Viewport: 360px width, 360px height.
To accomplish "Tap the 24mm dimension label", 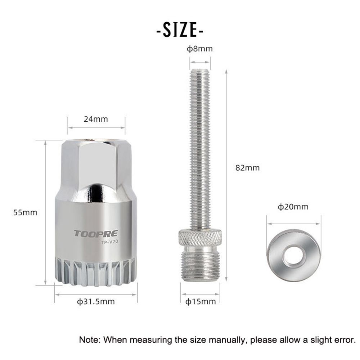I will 96,119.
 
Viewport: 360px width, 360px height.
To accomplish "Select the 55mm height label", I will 25,212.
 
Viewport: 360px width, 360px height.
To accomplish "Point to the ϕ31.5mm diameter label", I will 96,301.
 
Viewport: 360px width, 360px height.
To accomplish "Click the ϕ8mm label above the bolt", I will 199,49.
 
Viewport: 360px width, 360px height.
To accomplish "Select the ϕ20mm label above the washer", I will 293,207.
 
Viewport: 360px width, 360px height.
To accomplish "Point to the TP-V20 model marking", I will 109,242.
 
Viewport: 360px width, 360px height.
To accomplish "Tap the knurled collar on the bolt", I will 200,237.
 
